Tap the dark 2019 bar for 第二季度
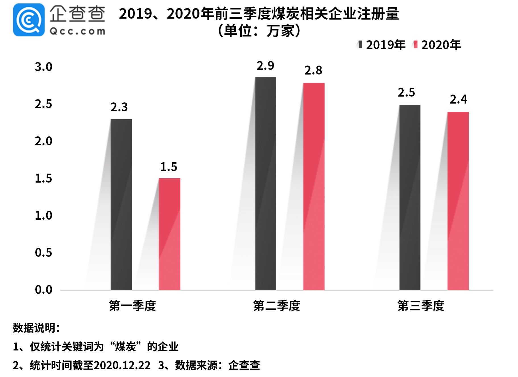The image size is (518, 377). [x=266, y=184]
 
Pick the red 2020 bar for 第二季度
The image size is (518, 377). [x=314, y=186]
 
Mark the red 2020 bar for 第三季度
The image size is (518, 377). [x=458, y=201]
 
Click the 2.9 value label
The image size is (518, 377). [x=265, y=66]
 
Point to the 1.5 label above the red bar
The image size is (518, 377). [x=169, y=167]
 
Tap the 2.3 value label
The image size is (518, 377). [x=119, y=107]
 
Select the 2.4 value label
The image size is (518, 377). [x=458, y=99]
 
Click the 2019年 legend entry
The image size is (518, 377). [x=381, y=45]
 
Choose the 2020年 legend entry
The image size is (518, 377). [x=437, y=45]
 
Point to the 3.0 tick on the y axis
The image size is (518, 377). [x=43, y=67]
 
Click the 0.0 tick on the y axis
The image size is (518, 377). [x=43, y=290]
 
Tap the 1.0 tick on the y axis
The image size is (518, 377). [x=43, y=215]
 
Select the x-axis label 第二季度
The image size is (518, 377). [x=276, y=306]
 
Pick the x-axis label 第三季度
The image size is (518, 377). [x=421, y=306]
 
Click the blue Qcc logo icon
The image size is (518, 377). [x=29, y=20]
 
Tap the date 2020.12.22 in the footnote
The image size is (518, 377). [x=122, y=365]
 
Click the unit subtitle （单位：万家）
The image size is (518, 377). [x=259, y=31]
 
